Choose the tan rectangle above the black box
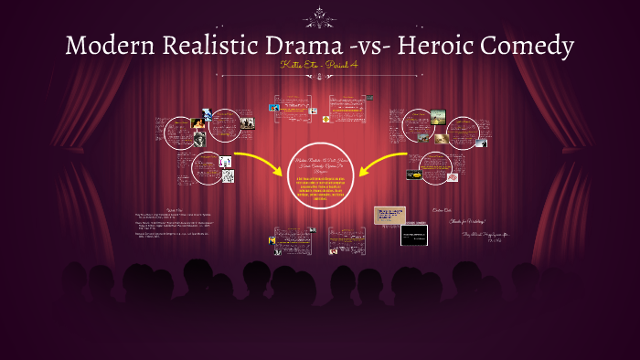(x=389, y=214)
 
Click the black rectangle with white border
(x=414, y=233)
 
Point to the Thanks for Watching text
(x=472, y=221)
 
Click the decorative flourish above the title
(x=320, y=16)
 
